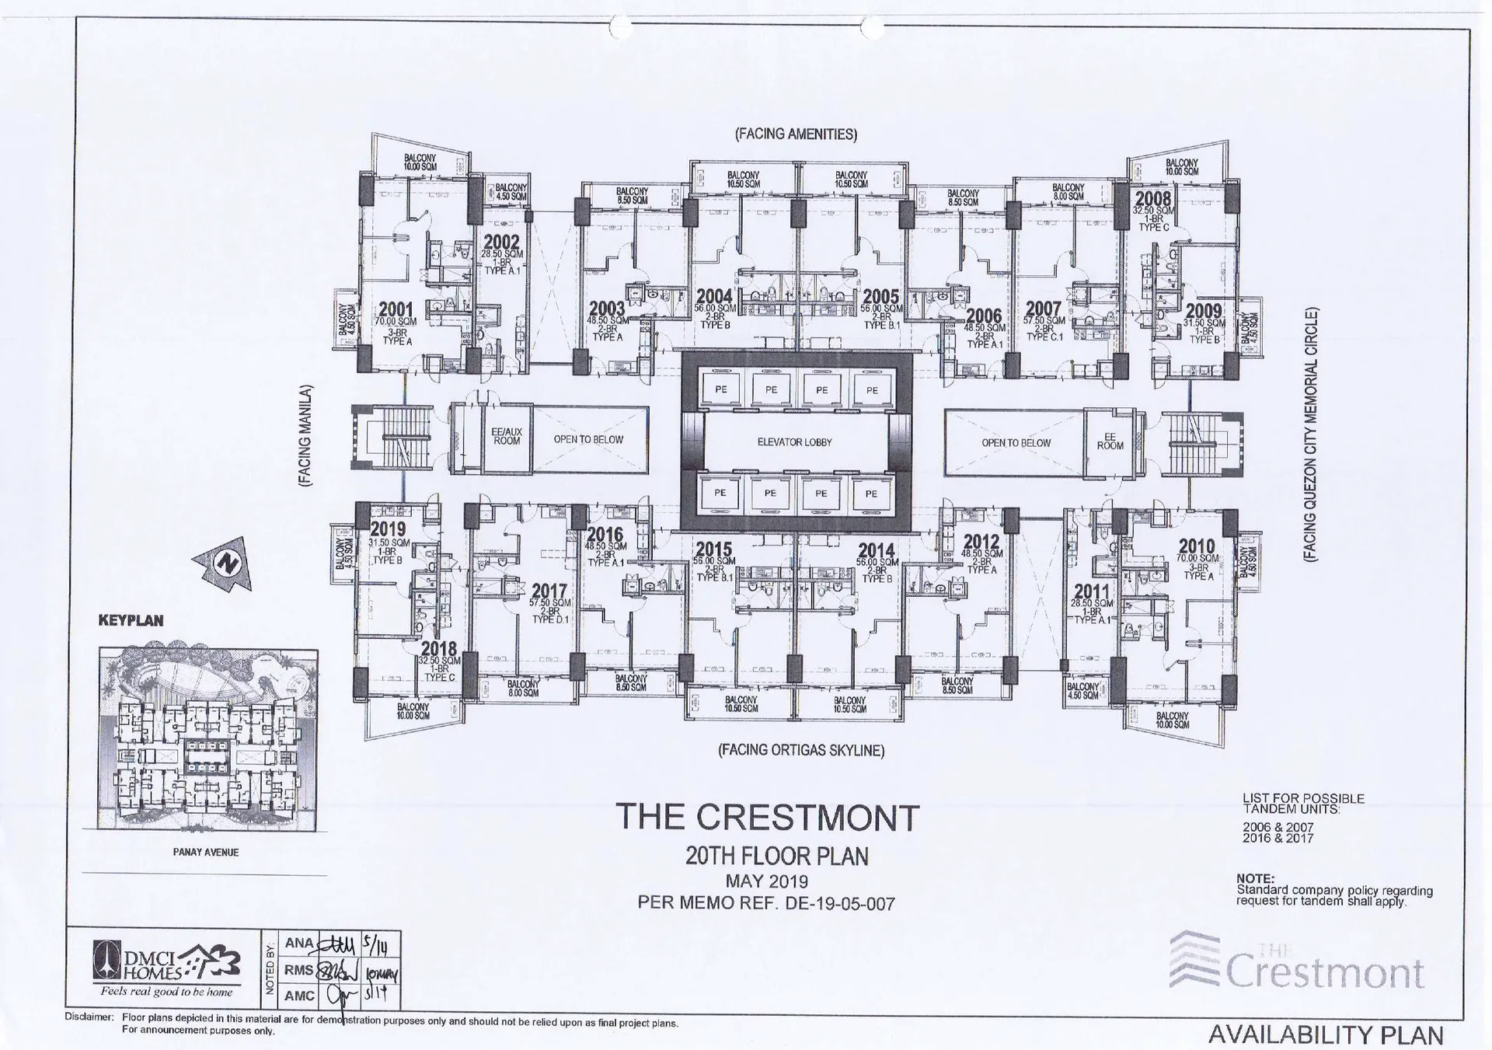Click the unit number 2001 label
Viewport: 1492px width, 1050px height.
tap(396, 309)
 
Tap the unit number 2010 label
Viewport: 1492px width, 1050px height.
tap(1196, 546)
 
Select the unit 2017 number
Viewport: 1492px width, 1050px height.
tap(549, 591)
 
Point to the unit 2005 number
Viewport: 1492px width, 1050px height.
tap(880, 296)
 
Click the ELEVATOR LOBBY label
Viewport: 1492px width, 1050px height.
tap(794, 442)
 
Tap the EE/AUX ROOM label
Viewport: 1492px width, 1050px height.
tap(507, 436)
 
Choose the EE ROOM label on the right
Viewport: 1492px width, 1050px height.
tap(1110, 441)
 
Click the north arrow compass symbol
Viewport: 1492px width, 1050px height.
tap(225, 563)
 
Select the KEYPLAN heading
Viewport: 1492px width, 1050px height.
tap(131, 620)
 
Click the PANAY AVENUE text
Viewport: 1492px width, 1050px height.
tap(205, 852)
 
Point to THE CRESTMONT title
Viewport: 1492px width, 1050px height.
tap(767, 817)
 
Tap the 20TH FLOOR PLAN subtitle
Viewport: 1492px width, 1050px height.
tap(776, 856)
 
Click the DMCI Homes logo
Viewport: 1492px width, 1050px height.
tap(166, 967)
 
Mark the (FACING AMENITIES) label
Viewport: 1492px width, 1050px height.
tap(796, 134)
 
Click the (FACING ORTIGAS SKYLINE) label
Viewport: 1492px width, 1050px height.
tap(800, 750)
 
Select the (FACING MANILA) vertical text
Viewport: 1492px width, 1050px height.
tap(305, 436)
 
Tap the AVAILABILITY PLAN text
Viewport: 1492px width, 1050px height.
tap(1325, 1034)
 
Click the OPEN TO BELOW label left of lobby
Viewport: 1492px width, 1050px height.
tap(588, 439)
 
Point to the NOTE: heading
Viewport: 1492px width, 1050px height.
tap(1255, 878)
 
